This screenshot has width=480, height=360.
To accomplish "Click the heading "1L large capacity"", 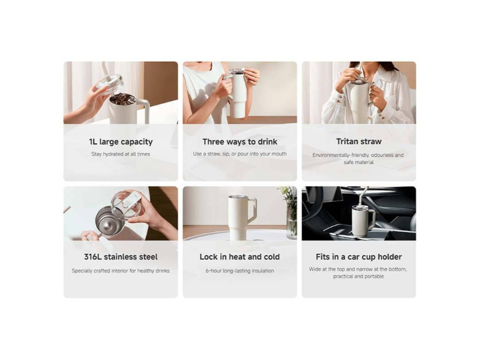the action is pyautogui.click(x=121, y=142).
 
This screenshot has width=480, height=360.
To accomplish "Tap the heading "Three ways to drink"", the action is pyautogui.click(x=239, y=142).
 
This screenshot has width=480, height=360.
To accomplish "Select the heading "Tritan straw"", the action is pyautogui.click(x=359, y=142).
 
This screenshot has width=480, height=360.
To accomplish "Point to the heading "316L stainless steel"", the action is pyautogui.click(x=121, y=257).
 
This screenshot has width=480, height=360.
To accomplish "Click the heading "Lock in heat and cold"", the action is pyautogui.click(x=239, y=257).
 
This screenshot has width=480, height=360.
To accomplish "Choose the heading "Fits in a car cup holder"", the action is pyautogui.click(x=359, y=257).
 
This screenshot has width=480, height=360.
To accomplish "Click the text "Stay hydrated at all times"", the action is pyautogui.click(x=121, y=154).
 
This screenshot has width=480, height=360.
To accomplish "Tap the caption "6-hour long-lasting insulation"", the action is pyautogui.click(x=239, y=271).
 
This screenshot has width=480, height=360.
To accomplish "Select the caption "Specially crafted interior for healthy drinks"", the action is pyautogui.click(x=121, y=271).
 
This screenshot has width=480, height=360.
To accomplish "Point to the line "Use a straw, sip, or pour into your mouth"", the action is pyautogui.click(x=239, y=154).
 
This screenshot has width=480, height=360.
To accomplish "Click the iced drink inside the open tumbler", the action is pyautogui.click(x=123, y=99).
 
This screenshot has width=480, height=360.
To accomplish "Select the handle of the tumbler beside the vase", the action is pyautogui.click(x=251, y=211).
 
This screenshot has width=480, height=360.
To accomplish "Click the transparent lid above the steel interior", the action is pyautogui.click(x=128, y=206).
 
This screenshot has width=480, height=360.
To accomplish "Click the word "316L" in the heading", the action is pyautogui.click(x=93, y=257).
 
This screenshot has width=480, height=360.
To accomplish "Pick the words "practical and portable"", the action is pyautogui.click(x=358, y=277).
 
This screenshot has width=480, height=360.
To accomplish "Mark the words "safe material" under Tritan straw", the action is pyautogui.click(x=359, y=162).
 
